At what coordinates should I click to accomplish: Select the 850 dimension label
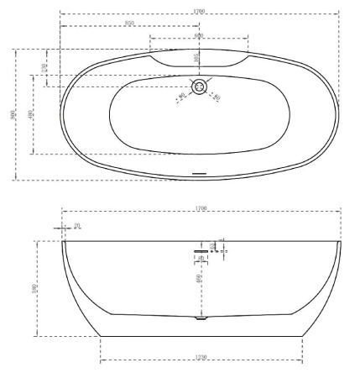[x=130, y=24]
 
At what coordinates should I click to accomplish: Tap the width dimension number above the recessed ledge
[x=199, y=35]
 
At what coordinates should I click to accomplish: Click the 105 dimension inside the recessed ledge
[x=196, y=59]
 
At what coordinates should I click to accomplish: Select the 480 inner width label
[x=31, y=113]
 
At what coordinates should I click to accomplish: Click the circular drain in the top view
[x=200, y=87]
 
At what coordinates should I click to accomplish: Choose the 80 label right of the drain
[x=217, y=97]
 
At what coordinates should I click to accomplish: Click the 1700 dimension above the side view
[x=200, y=207]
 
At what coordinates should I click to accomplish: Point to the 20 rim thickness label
[x=77, y=225]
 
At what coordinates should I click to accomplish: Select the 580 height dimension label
[x=35, y=288]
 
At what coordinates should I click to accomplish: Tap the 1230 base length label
[x=200, y=358]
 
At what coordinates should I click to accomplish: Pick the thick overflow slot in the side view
[x=200, y=250]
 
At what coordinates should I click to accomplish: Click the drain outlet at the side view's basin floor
[x=200, y=318]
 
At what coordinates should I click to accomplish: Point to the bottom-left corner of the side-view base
[x=100, y=336]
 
